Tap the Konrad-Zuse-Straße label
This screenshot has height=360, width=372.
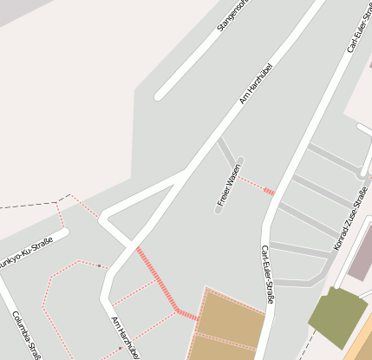coord(350,219)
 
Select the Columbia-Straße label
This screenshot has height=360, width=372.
coord(27,333)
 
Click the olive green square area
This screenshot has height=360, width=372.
coord(336,317)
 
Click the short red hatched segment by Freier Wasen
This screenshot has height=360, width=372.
coord(269,190)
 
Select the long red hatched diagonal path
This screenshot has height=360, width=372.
coord(157,279)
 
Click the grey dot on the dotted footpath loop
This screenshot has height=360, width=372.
coord(100,265)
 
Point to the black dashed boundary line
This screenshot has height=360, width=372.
coord(26,207)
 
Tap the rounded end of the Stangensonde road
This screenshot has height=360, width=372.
coord(160,95)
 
